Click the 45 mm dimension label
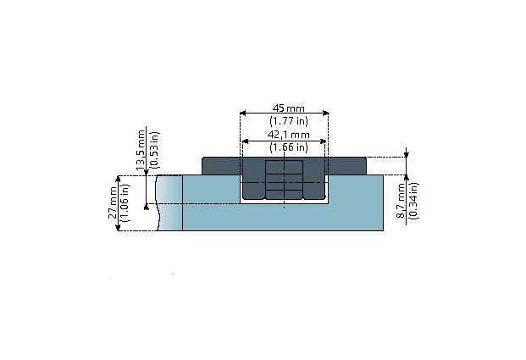(288, 108)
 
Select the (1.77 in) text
(289, 121)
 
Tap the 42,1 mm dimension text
(288, 135)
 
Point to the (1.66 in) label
(289, 147)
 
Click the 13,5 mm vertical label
(141, 149)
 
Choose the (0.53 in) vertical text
(154, 150)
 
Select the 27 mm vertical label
(113, 202)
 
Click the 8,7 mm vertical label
(401, 201)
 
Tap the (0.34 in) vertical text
(413, 201)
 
